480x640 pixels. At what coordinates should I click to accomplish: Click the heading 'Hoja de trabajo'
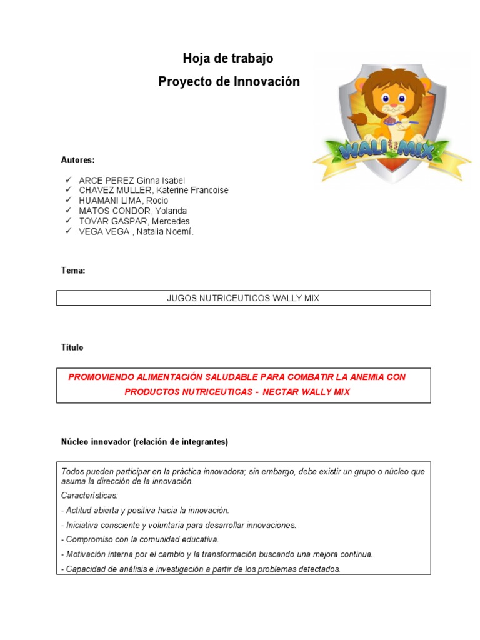coord(227,59)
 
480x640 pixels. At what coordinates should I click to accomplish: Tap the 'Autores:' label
coord(77,160)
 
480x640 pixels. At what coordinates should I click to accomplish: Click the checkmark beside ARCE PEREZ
coord(67,180)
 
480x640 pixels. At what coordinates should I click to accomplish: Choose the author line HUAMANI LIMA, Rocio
coord(123,201)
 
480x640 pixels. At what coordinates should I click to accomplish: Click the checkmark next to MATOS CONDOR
coord(67,211)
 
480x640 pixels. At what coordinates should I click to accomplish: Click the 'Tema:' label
coord(73,271)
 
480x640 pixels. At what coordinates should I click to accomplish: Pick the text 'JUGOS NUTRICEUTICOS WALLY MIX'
coord(243,298)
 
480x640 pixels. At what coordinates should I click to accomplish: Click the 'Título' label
coord(72,347)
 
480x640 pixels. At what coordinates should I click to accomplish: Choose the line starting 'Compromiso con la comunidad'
coord(141,539)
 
